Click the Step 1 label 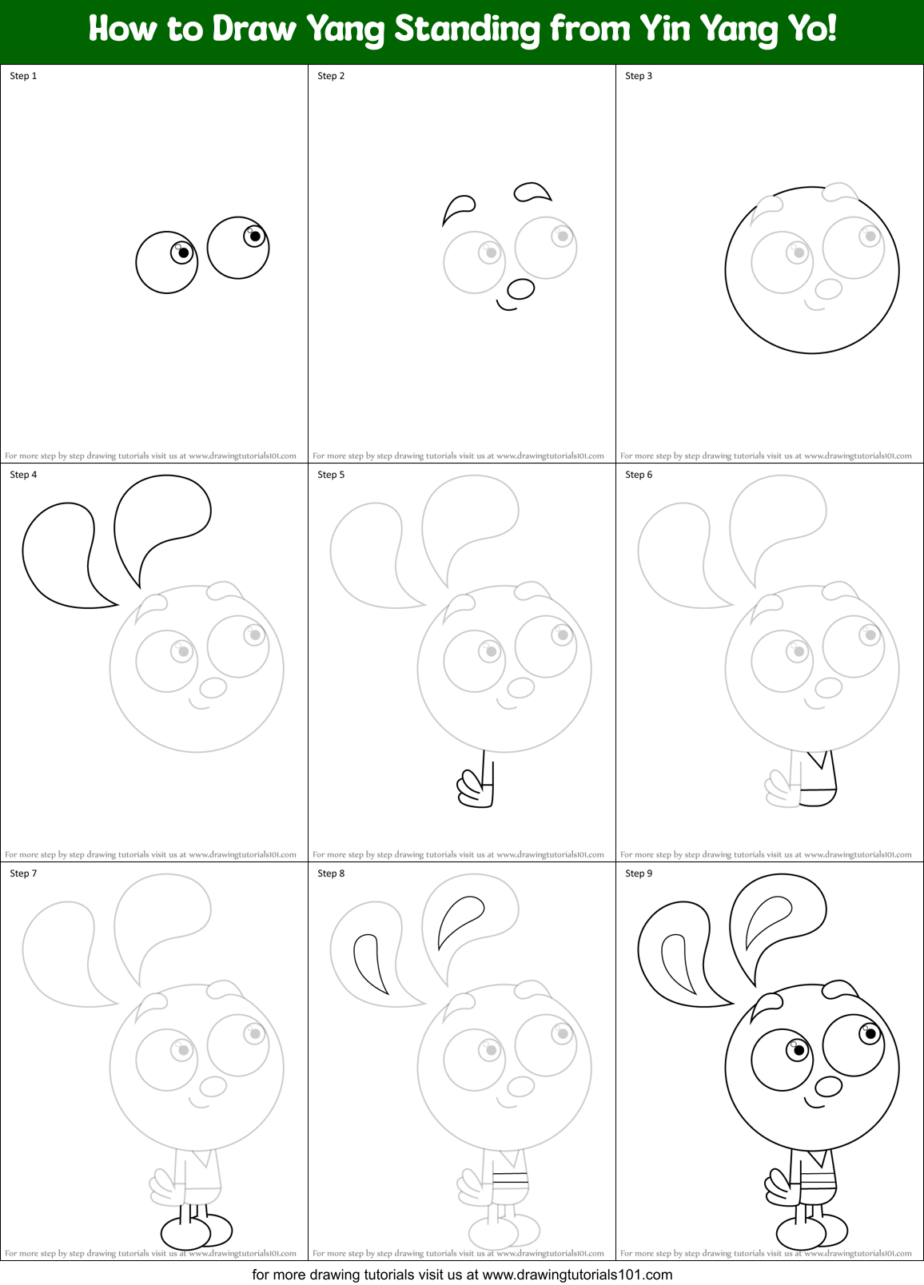coord(23,76)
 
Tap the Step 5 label coord(331,475)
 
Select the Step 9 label coord(639,873)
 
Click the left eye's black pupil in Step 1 coord(183,253)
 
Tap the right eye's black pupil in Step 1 coord(255,236)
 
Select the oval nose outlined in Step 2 coord(520,288)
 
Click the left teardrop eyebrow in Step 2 coord(457,208)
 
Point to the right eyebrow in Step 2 coord(532,192)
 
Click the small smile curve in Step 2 coord(505,304)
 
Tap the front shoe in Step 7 coord(185,1234)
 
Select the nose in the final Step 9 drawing coord(828,1086)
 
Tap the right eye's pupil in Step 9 coord(870,1033)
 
